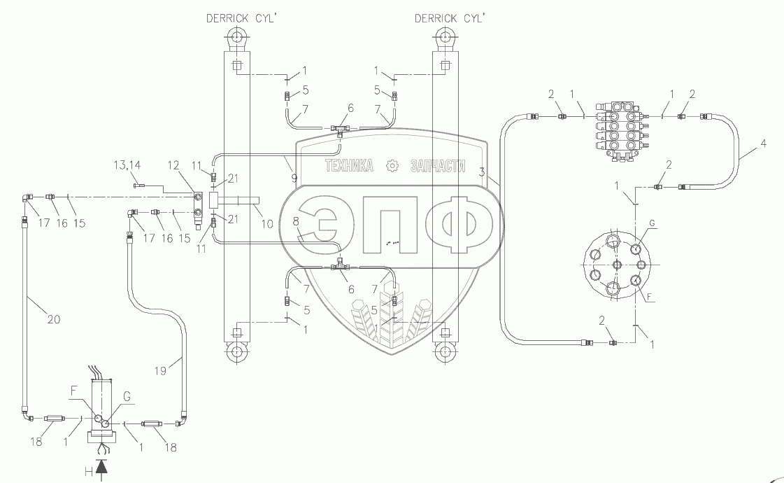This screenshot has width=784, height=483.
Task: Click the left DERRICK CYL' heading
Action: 241,18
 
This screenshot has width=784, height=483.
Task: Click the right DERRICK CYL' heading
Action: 450,18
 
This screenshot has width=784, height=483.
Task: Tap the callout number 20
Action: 53,318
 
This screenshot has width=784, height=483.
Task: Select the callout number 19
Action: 160,371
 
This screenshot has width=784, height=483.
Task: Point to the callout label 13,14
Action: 127,164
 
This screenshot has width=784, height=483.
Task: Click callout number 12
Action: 173,165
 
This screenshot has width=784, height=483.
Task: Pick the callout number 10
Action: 267,223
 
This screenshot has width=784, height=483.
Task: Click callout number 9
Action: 294,178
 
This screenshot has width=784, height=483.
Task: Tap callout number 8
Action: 296,220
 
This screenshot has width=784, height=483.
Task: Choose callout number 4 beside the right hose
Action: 763,143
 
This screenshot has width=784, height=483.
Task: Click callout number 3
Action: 481,172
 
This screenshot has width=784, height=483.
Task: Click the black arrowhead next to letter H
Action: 102,466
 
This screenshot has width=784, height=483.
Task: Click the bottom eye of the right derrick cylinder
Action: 443,352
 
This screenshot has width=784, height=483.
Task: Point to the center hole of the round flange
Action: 617,265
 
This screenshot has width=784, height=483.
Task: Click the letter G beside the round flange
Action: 652,223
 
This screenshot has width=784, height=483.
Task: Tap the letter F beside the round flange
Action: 650,297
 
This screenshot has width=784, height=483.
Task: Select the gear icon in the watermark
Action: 392,166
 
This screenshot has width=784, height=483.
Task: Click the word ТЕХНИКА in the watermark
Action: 349,166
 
